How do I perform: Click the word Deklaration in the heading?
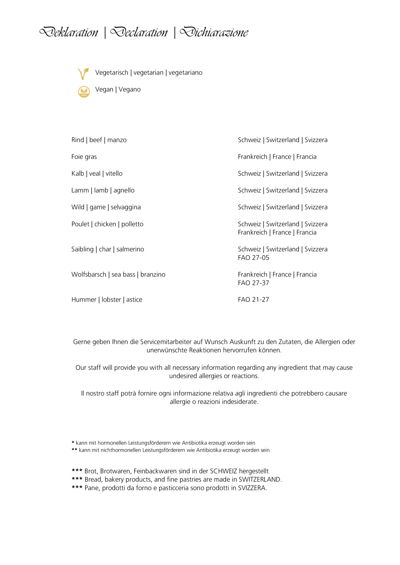click(69, 32)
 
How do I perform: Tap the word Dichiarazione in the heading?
click(214, 32)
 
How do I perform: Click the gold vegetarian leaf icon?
click(83, 74)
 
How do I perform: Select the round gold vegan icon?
click(84, 92)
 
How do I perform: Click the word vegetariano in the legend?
click(185, 73)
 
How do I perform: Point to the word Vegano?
click(130, 90)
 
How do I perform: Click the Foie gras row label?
click(84, 157)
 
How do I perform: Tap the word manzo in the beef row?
click(117, 140)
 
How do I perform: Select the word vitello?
click(114, 174)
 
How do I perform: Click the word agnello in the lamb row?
click(124, 190)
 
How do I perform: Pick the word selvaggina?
click(126, 207)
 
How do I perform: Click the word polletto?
click(132, 224)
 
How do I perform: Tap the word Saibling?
click(82, 249)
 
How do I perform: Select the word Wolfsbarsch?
click(89, 275)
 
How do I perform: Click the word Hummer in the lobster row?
click(84, 300)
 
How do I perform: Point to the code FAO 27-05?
click(253, 258)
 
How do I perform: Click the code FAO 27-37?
click(253, 283)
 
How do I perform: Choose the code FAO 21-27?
click(253, 300)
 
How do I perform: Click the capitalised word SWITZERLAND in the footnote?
click(260, 480)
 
